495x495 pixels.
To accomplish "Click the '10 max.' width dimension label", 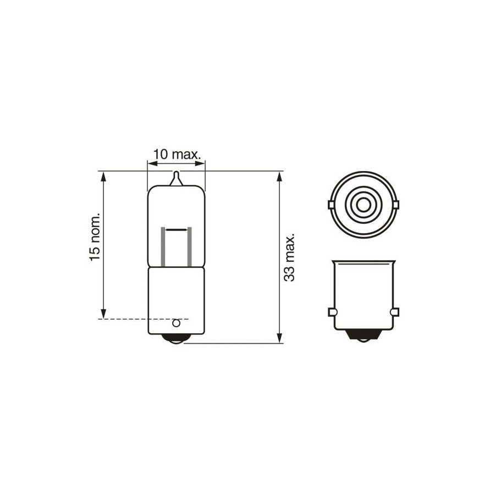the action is click(177, 155).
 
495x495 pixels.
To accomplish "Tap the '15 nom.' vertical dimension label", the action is click(95, 237).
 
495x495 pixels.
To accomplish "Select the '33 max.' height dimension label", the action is click(289, 257).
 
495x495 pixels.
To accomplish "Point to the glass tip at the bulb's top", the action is click(177, 178).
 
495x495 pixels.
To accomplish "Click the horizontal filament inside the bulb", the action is click(177, 229).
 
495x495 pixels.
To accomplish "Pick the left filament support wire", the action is click(163, 246).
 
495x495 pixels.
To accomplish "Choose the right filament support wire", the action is click(189, 246).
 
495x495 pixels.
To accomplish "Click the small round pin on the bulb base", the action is click(176, 323).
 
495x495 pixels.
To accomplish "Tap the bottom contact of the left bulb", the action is click(176, 338).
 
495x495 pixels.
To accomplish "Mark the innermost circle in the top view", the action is click(364, 205).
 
